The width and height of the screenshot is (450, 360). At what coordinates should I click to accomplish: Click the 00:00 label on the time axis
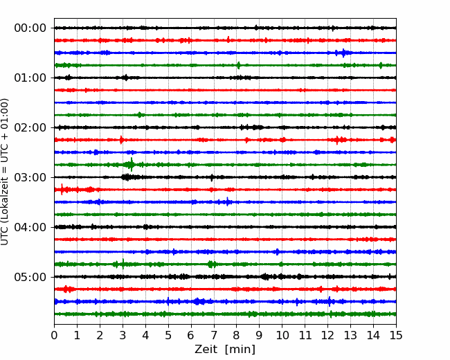point(30,28)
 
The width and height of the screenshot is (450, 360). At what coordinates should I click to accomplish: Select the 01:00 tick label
point(30,78)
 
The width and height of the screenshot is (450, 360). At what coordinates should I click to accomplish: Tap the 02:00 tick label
point(30,127)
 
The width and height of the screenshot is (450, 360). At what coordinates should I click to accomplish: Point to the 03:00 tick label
point(30,177)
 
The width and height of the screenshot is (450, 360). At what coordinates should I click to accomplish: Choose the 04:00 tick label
point(30,227)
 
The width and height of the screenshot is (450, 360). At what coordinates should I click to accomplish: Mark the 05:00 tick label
point(30,277)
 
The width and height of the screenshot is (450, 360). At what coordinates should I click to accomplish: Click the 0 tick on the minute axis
point(54,335)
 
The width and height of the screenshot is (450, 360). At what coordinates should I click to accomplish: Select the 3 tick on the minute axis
point(123,335)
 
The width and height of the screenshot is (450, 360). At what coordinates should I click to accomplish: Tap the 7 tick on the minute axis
point(214,335)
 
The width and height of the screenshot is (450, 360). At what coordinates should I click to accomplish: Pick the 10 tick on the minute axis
point(282,335)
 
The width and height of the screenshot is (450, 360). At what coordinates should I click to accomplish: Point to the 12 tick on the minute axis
point(327,335)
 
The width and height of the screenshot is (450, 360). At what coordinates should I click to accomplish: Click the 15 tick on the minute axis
point(396,335)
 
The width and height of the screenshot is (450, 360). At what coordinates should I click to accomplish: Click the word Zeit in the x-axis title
point(205,349)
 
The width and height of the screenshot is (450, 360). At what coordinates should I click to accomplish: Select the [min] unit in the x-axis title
point(240,350)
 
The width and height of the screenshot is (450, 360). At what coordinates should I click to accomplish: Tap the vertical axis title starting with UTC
point(4,172)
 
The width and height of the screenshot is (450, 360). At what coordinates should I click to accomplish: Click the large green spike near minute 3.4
point(132,165)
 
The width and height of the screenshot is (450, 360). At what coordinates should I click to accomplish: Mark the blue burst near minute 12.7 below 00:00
point(343,53)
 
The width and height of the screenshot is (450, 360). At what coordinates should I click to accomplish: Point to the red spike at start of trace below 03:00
point(62,190)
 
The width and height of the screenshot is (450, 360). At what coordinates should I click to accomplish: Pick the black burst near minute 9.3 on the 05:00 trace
point(265,277)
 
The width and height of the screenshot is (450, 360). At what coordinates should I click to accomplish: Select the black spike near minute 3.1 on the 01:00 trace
point(125,78)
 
